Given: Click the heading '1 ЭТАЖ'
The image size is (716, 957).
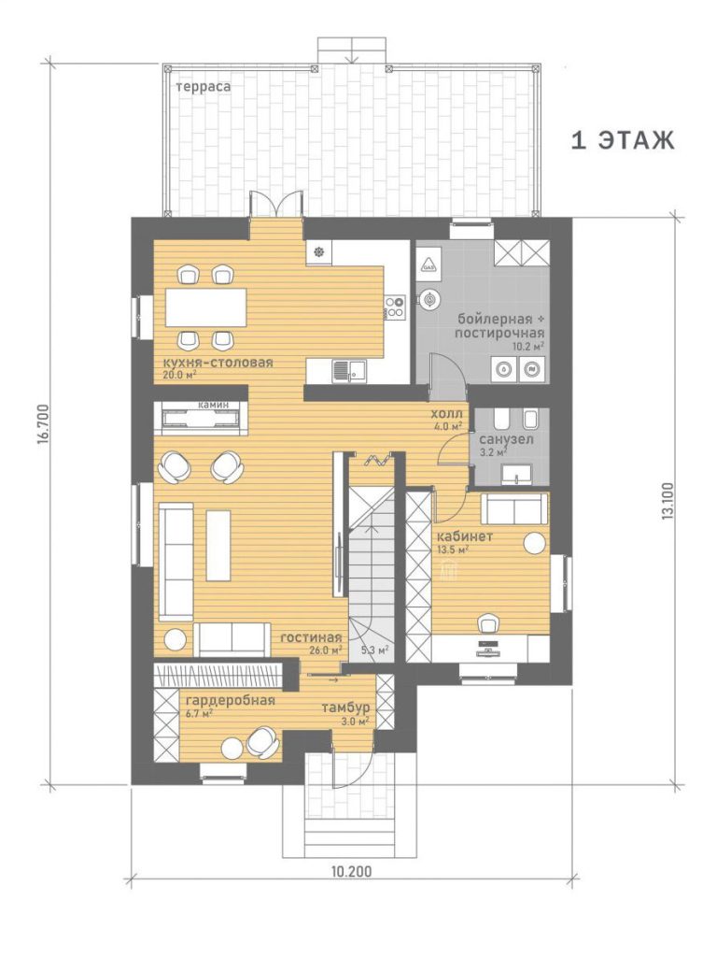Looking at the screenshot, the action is pyautogui.click(x=623, y=140).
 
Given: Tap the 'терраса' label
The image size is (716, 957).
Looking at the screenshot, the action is pyautogui.click(x=204, y=87).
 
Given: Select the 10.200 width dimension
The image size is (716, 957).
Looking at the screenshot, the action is pyautogui.click(x=351, y=872).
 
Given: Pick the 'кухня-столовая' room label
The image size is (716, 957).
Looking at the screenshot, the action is pyautogui.click(x=218, y=363).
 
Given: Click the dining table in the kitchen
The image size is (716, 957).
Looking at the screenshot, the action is pyautogui.click(x=206, y=307).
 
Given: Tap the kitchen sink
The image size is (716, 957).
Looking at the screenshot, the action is pyautogui.click(x=349, y=370).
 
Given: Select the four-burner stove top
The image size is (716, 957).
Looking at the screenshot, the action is pyautogui.click(x=395, y=306).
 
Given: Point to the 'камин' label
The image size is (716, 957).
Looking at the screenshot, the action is pyautogui.click(x=214, y=405).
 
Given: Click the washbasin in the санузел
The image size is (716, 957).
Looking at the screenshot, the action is pyautogui.click(x=515, y=474).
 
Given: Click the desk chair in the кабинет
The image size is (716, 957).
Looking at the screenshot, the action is pyautogui.click(x=488, y=623).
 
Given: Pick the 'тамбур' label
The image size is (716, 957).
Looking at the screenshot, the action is pyautogui.click(x=345, y=708).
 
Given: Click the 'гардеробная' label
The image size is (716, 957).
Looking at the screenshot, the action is pyautogui.click(x=230, y=700).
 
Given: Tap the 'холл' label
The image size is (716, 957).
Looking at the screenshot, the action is pyautogui.click(x=447, y=414).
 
